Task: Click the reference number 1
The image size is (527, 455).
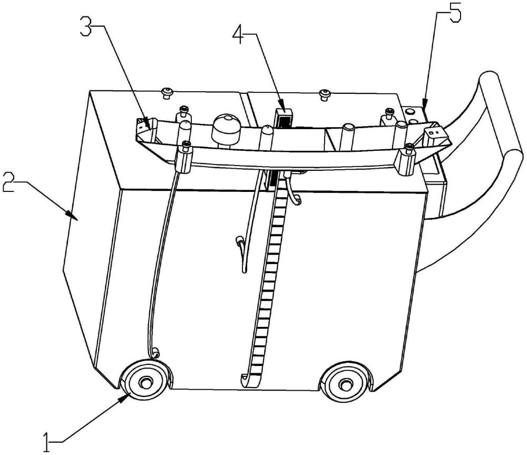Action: coord(47,440)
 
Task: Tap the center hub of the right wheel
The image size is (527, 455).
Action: coord(346,384)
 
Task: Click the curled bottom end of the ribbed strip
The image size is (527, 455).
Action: coord(246,378)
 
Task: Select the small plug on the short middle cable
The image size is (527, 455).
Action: coord(240,241)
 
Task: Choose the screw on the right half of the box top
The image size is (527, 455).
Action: coord(325,94)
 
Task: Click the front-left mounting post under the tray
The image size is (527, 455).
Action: coord(186,158)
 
